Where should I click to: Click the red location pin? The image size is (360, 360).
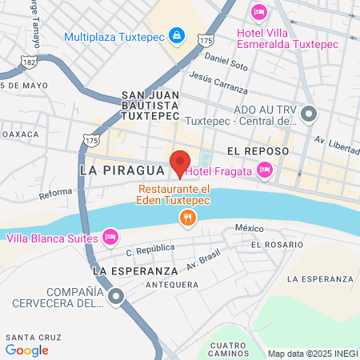pos(180,163)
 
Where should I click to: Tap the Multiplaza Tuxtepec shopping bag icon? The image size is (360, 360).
pos(177,36)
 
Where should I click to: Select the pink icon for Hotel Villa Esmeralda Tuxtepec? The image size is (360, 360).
pos(258,11)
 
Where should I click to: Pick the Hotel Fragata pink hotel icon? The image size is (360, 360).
pos(264,170)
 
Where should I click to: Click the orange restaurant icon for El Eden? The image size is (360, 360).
pos(187,216)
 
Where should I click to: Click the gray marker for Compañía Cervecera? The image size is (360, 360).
pos(117,298)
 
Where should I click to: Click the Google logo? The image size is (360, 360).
pos(27,350)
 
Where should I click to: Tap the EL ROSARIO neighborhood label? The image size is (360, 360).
pos(277,243)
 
